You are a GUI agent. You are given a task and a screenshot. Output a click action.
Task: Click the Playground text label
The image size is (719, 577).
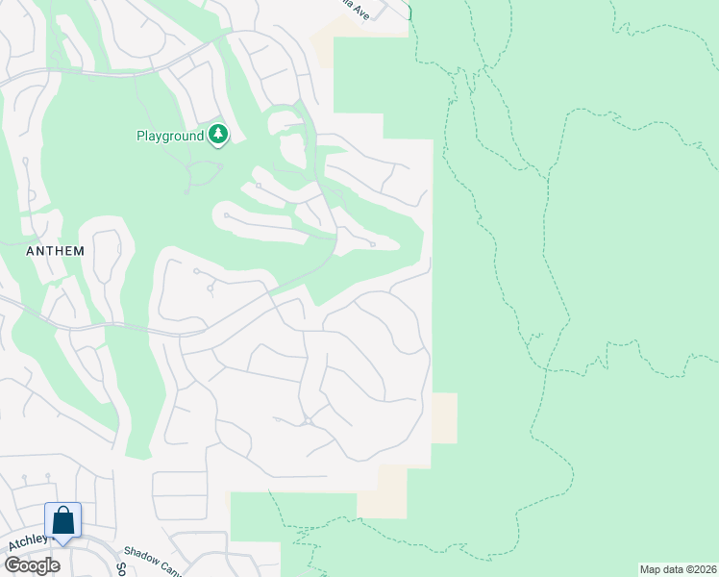tap(169, 136)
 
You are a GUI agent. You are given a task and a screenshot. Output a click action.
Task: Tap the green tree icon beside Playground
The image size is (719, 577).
tap(219, 135)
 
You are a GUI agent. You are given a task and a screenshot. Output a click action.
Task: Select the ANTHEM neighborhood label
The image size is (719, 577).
tap(56, 251)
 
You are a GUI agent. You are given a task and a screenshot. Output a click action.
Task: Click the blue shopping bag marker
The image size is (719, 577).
tap(63, 522)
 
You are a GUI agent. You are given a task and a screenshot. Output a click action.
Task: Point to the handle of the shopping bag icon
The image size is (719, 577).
tap(63, 514)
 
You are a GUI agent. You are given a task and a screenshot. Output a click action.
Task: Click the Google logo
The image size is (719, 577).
tap(32, 564)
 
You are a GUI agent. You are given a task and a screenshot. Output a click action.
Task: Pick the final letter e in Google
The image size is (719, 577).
tap(54, 565)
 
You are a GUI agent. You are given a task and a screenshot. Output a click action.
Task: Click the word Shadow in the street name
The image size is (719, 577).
tap(141, 555)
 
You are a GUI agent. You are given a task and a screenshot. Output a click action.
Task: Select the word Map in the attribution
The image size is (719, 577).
tap(652, 569)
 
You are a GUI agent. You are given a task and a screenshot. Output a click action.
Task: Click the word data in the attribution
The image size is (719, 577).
tap(674, 569)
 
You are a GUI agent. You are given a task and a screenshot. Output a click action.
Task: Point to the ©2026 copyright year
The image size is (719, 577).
tap(702, 569)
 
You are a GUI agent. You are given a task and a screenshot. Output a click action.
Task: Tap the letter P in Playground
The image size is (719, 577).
tap(139, 136)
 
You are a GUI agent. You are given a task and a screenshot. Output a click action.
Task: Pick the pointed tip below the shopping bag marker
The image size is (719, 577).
tap(63, 544)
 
